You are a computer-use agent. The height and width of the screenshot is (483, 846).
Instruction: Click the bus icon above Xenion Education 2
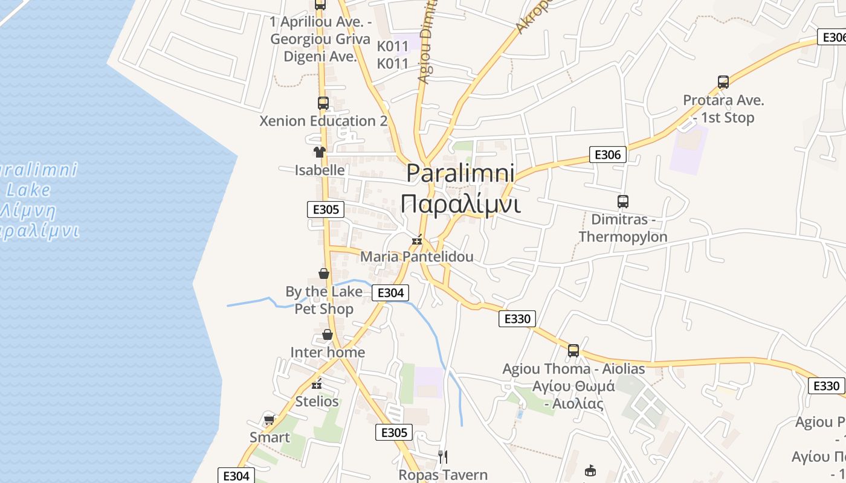[323, 103]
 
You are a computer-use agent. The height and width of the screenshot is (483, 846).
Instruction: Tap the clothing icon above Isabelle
[319, 152]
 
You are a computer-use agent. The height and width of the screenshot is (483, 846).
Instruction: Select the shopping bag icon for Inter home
[328, 334]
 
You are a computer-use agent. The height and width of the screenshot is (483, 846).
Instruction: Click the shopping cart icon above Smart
[270, 420]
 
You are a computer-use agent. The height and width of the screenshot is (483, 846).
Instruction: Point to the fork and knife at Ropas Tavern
[443, 457]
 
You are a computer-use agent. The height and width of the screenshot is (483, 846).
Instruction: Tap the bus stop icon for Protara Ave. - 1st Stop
[723, 82]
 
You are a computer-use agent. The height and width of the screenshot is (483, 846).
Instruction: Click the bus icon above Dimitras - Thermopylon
[623, 202]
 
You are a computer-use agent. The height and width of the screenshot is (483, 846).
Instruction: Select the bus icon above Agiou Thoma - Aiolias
[573, 350]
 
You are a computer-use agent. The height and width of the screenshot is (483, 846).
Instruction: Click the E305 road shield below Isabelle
[326, 210]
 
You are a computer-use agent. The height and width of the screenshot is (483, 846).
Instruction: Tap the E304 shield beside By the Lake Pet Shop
[390, 293]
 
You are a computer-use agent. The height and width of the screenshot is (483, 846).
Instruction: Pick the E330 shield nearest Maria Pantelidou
[517, 319]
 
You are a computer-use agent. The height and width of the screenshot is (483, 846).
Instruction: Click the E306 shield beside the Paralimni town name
[607, 155]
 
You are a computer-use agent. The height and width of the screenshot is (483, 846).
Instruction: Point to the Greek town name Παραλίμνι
[460, 204]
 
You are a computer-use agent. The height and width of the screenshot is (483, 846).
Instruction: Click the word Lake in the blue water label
[28, 191]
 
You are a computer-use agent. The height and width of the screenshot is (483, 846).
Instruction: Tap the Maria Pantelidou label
[417, 257]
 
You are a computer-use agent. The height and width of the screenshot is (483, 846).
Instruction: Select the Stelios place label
[317, 401]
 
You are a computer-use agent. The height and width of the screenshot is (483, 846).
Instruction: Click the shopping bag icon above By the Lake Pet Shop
[324, 273]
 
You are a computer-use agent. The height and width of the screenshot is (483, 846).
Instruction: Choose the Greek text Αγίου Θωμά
[573, 386]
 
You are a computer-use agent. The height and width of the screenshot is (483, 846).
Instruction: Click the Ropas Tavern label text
[443, 475]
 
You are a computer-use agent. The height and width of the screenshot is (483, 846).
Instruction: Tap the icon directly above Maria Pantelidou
[416, 240]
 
